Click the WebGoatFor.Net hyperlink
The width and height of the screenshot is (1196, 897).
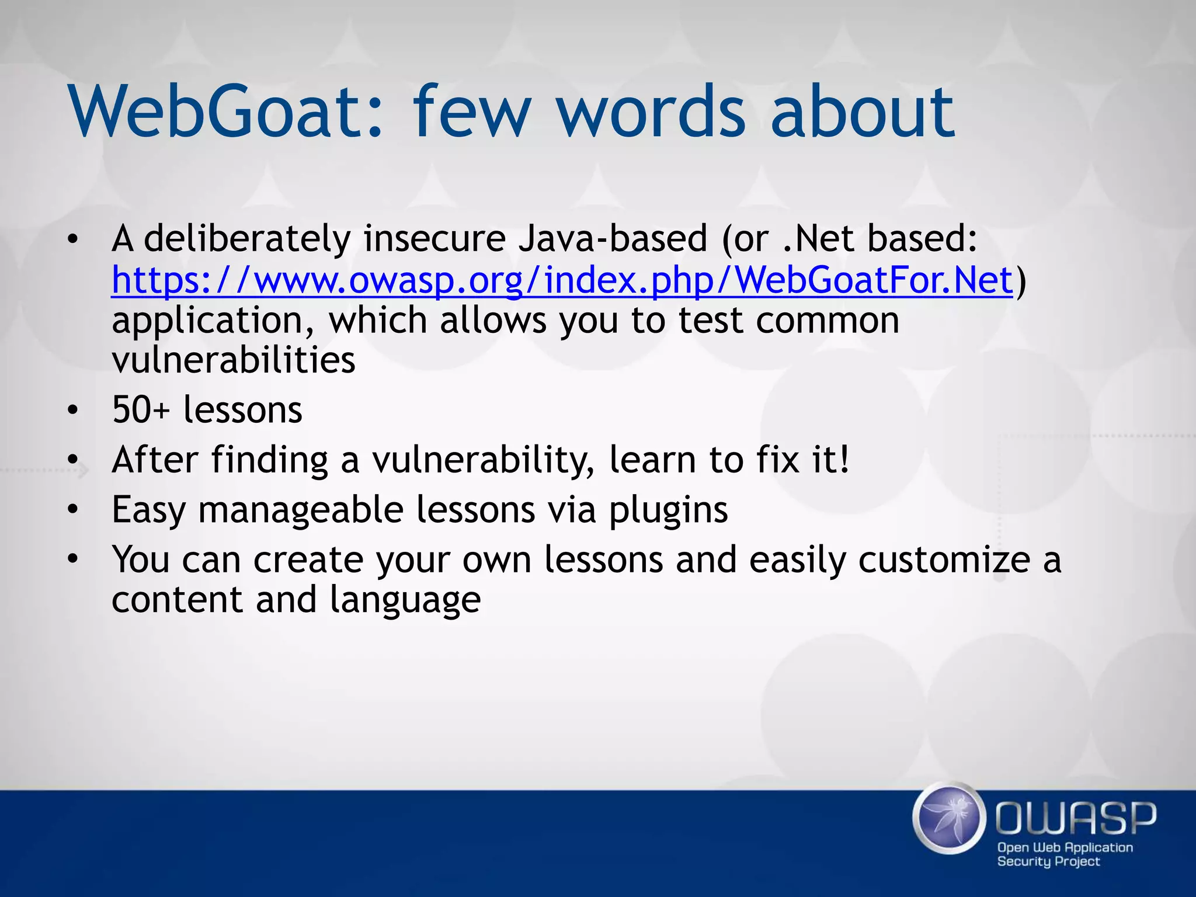(562, 280)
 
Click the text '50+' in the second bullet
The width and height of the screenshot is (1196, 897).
(140, 409)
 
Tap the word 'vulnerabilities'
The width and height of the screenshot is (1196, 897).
(234, 360)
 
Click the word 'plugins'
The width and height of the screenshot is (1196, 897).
(669, 510)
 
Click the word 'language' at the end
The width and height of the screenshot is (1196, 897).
(405, 600)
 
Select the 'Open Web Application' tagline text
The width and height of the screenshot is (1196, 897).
(1065, 847)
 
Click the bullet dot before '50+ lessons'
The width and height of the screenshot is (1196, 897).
(72, 410)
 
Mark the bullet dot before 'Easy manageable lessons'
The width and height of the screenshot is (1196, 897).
(72, 510)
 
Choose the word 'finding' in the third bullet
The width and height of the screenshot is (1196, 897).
(269, 460)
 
